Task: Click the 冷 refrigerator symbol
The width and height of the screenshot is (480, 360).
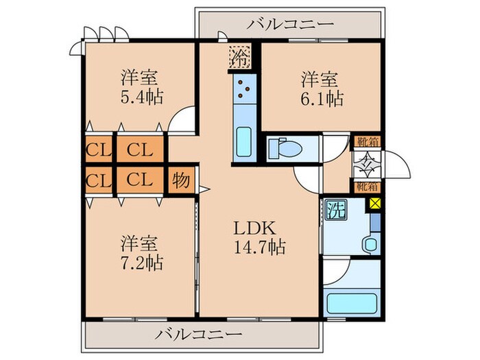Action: (240, 55)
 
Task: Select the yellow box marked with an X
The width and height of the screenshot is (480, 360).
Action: (374, 204)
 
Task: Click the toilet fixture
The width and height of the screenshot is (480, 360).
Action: (281, 147)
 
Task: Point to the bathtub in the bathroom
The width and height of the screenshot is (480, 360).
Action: (352, 303)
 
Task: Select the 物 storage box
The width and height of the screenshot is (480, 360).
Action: (181, 180)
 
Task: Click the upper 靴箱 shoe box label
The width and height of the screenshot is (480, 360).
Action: (365, 143)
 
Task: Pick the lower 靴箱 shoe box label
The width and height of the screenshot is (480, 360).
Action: (365, 186)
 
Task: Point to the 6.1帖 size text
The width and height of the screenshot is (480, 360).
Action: (321, 98)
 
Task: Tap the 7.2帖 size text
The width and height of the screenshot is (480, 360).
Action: (141, 263)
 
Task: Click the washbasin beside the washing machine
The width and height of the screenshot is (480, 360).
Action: (370, 245)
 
